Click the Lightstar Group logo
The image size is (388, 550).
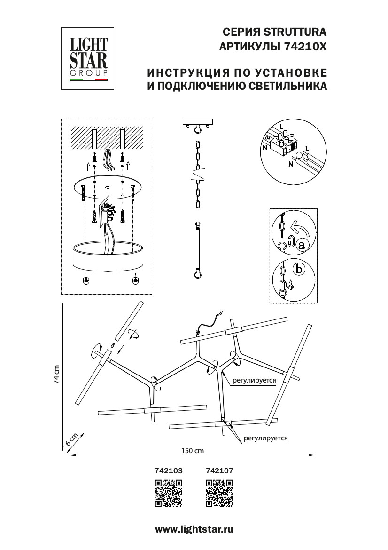[89, 58]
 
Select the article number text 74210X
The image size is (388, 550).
[305, 47]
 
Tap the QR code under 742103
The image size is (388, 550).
[169, 494]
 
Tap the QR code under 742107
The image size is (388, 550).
[220, 494]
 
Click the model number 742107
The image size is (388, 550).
[220, 470]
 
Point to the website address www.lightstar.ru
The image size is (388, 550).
[194, 529]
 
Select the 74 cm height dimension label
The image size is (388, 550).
[57, 375]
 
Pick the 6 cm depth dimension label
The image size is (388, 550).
[70, 440]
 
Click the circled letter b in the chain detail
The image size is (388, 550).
[297, 270]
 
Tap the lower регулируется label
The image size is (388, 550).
[265, 438]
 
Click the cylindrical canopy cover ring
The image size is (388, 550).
[108, 256]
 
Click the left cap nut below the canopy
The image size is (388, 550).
[85, 280]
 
